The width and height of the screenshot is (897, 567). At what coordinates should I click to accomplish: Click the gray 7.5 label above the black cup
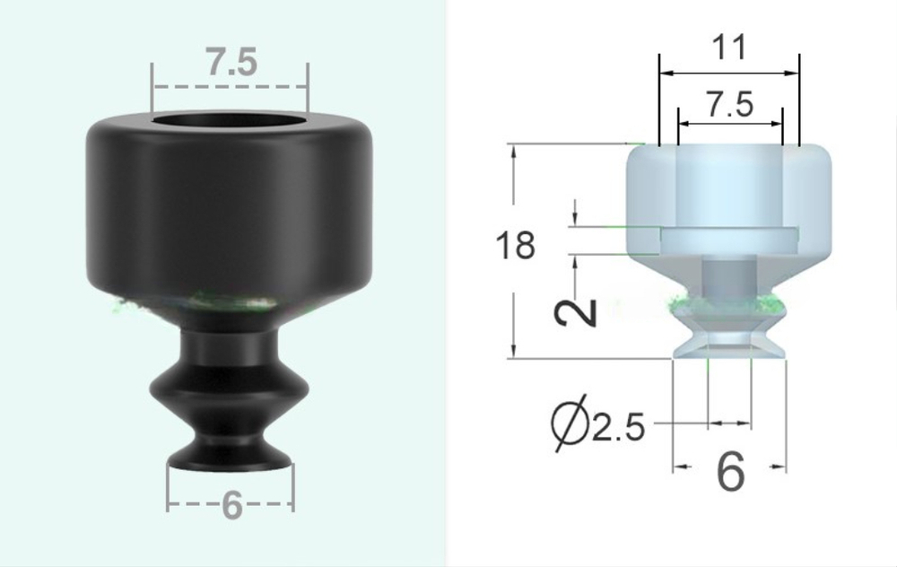click(231, 64)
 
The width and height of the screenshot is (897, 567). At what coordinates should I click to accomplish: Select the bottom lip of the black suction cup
click(231, 458)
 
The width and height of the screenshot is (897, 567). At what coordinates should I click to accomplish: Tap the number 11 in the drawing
click(727, 47)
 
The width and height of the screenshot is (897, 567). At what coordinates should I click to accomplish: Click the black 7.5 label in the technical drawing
click(730, 106)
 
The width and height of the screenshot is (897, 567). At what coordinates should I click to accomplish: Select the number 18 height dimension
click(516, 245)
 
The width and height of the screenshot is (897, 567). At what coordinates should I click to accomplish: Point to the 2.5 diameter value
click(618, 429)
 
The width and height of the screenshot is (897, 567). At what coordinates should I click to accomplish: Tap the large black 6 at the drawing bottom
click(731, 471)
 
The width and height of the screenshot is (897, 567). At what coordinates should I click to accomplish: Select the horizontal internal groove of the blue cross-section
click(727, 239)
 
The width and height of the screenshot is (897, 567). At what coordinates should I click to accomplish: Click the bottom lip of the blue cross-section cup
click(729, 351)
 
